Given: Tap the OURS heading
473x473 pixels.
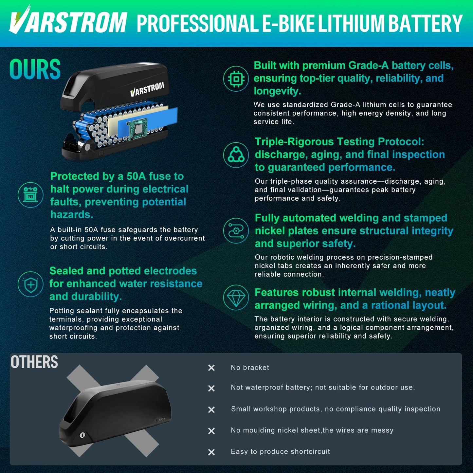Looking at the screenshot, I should click(x=35, y=70).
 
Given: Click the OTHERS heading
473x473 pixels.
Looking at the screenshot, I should click(x=34, y=362).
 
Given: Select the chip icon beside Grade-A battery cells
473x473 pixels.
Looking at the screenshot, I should click(x=236, y=79).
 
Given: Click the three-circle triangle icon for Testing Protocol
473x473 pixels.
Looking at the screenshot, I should click(x=236, y=155).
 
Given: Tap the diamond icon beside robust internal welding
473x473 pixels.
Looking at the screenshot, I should click(x=236, y=298).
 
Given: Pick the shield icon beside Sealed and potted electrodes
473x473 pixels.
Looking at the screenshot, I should click(x=30, y=284).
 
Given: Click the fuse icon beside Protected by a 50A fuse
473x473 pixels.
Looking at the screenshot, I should click(x=30, y=195).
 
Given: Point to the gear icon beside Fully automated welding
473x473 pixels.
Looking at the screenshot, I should click(x=236, y=231).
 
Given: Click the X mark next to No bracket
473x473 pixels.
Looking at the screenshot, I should click(x=211, y=368).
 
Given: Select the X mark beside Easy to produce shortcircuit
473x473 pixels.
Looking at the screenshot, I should click(x=211, y=452).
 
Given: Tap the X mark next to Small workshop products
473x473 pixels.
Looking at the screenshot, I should click(x=211, y=409).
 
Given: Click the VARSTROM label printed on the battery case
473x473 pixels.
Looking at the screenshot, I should click(x=147, y=89).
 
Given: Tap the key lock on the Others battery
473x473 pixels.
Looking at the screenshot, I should click(x=82, y=435).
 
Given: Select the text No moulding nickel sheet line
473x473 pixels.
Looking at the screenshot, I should click(x=312, y=430).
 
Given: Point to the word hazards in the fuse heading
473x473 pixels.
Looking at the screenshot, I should click(x=72, y=215).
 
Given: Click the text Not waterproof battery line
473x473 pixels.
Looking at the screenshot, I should click(x=323, y=388).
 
